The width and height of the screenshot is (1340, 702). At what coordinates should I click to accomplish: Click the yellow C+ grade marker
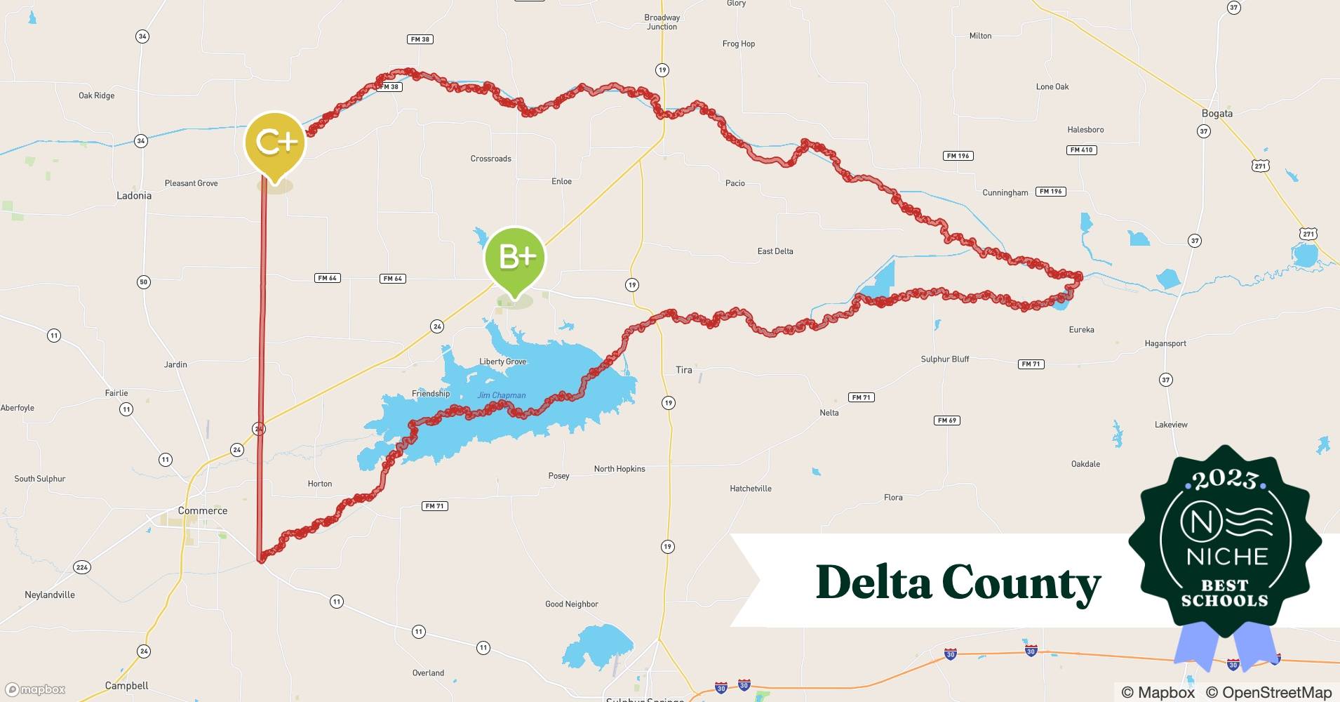pos(275,143)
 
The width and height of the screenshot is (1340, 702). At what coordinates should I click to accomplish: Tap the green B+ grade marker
pos(515,258)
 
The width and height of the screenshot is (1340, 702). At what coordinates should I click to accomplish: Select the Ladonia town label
pos(133,196)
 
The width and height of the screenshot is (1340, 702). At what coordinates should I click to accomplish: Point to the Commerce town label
pos(202,510)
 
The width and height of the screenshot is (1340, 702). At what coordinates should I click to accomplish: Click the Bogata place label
pos(1217,114)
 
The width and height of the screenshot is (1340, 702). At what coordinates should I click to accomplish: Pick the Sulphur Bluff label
pos(944,359)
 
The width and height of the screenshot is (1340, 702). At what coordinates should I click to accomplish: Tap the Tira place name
pos(683,370)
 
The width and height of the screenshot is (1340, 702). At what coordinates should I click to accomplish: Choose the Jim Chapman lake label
pos(501,395)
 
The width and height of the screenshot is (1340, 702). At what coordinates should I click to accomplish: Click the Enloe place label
pos(561,182)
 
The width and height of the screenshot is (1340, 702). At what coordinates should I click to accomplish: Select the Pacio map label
pos(735,183)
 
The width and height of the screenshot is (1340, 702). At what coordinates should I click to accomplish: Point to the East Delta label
pos(775,251)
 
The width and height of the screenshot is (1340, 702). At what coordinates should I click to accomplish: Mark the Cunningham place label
pos(1005,193)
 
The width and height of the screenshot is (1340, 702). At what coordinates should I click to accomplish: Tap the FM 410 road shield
pos(1081,150)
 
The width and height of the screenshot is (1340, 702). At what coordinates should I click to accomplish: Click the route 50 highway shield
pos(143,282)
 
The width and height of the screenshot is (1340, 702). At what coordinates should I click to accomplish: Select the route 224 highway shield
pos(82,567)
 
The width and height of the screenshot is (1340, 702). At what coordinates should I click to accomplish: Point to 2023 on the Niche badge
pos(1224,479)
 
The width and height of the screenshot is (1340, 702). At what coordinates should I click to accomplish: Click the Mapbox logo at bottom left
pos(35,689)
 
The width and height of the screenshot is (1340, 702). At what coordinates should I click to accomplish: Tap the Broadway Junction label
pos(662,22)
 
